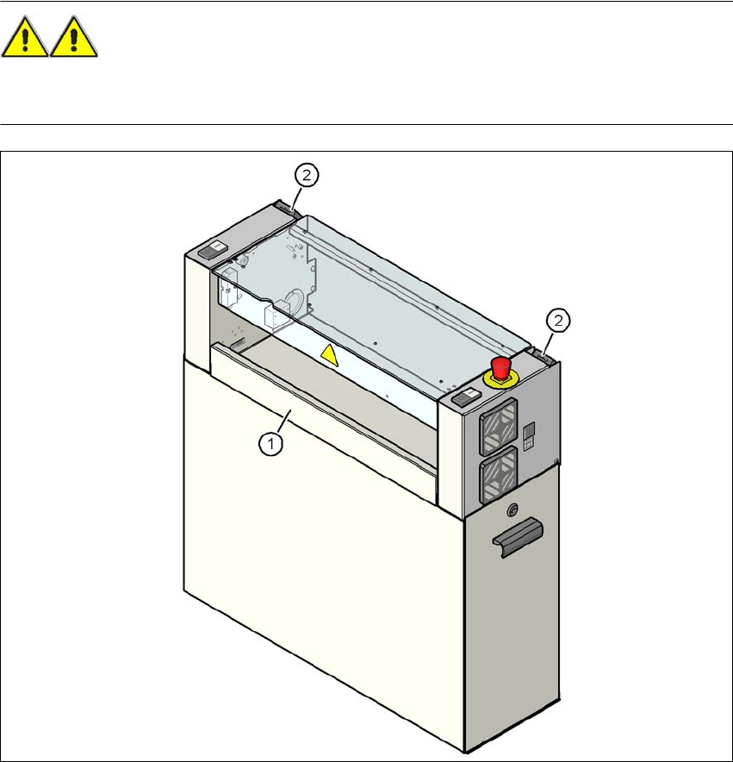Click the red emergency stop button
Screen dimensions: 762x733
coord(500,364)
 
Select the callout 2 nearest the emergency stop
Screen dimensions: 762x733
coord(559,321)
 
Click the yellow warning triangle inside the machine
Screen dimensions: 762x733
coord(331,354)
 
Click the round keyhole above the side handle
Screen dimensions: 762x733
coord(513,508)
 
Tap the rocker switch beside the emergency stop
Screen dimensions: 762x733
coord(466,397)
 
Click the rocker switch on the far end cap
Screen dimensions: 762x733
coord(210,253)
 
